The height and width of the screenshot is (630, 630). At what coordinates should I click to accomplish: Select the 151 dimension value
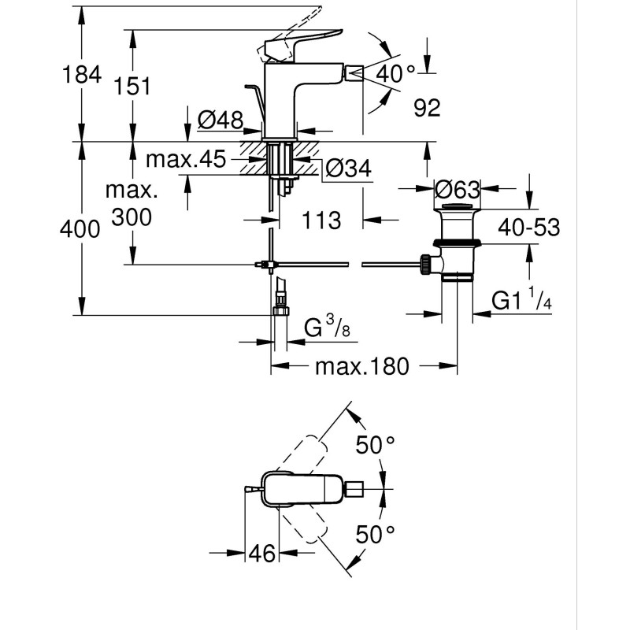tap(132, 86)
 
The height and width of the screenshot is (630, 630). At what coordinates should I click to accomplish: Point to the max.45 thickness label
tap(185, 160)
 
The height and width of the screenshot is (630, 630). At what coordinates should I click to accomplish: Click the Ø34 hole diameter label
tap(347, 168)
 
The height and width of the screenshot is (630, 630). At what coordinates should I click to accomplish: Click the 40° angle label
tap(395, 76)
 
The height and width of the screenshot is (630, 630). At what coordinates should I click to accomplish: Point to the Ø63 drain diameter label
tap(458, 190)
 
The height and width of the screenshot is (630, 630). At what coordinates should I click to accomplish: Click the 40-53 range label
tap(528, 228)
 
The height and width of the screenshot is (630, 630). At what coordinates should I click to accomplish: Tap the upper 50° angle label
tap(375, 446)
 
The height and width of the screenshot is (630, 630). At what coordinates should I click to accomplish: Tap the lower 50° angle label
tap(375, 535)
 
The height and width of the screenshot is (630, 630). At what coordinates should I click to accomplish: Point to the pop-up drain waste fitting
tap(456, 244)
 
